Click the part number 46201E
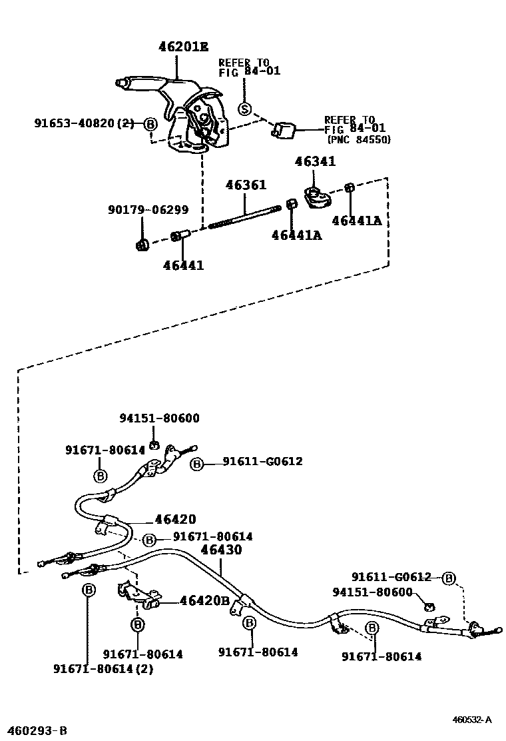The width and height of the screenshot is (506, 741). [x=183, y=47]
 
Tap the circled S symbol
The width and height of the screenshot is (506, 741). [x=245, y=109]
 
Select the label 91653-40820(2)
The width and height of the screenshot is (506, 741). [x=84, y=123]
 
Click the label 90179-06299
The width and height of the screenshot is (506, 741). [x=148, y=209]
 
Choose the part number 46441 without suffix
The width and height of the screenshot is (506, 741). [x=183, y=265]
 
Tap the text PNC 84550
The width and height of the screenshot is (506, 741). [x=359, y=139]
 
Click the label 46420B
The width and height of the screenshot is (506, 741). [x=205, y=600]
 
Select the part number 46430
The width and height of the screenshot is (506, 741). [x=221, y=550]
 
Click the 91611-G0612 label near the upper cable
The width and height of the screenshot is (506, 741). [x=262, y=461]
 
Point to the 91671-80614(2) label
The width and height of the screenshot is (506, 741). [x=103, y=668]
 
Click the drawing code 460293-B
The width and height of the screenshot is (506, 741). [x=35, y=730]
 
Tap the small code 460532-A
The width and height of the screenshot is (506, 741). [x=472, y=720]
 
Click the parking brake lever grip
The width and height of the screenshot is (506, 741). [x=136, y=83]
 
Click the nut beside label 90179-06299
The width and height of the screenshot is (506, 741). [x=141, y=245]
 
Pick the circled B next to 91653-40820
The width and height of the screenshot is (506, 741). [x=150, y=124]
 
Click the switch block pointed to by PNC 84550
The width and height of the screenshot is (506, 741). [x=284, y=131]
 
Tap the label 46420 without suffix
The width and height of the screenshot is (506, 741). [x=175, y=519]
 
